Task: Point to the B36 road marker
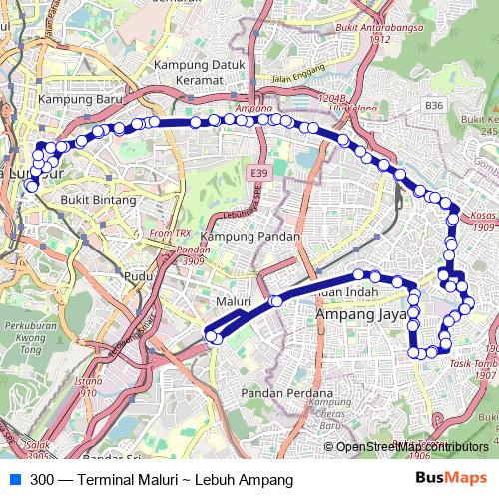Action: pos(433,104)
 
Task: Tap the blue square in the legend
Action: pos(13,479)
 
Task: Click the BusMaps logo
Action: pos(452,479)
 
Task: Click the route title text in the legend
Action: pos(155,479)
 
